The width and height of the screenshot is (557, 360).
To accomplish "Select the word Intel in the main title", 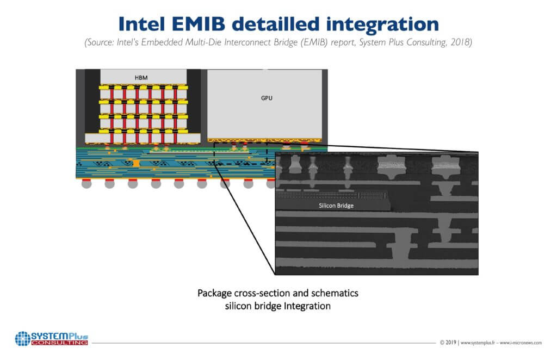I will click(143, 23).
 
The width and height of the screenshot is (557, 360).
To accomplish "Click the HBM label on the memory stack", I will click(141, 77).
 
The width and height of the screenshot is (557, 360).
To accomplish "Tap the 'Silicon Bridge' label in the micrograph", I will click(336, 206).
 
